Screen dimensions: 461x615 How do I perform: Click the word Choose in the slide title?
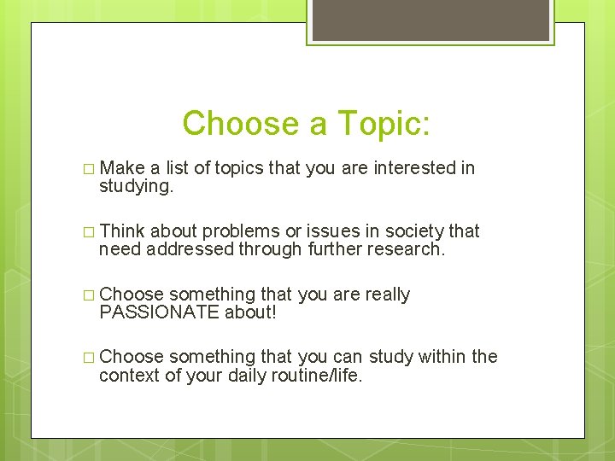point(238,124)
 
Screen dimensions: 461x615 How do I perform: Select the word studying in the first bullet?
point(136,187)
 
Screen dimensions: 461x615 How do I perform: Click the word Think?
point(122,231)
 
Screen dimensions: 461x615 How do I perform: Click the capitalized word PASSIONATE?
point(159,312)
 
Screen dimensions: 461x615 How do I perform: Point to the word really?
point(387,295)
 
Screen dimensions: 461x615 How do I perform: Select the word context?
point(129,375)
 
